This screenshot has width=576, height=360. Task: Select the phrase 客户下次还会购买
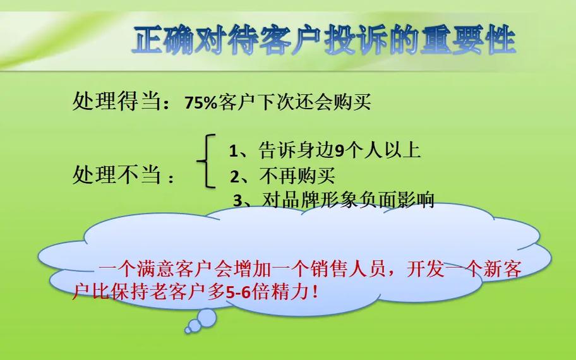coord(293,103)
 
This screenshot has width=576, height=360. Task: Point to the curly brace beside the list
coord(205,161)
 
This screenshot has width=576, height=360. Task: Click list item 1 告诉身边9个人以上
coord(324,151)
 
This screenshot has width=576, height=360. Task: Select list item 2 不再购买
coord(282,176)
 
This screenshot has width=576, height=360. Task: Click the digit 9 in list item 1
coord(339,152)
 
